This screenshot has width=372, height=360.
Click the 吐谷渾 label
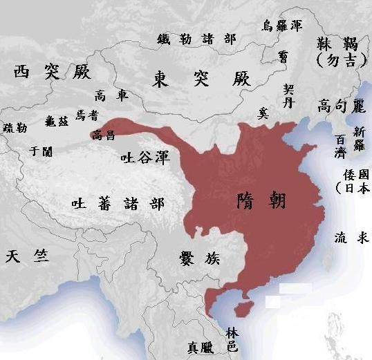coord(144,158)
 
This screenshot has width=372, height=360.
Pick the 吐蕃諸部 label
coord(118,203)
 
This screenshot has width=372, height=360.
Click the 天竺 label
coord(27,256)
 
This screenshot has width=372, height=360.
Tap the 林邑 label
coord(232,339)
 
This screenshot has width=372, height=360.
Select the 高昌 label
coord(103,135)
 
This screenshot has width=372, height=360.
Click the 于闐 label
coord(37,150)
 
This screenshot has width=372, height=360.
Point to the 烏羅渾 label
coord(281,26)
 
